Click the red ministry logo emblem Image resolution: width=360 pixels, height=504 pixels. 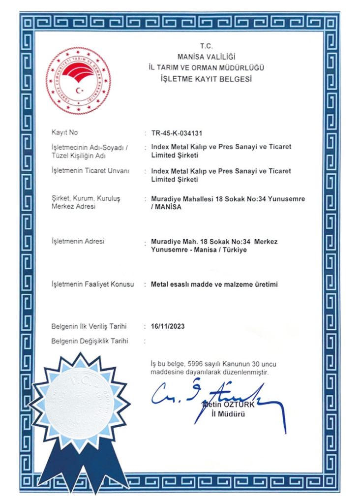(x=78, y=80)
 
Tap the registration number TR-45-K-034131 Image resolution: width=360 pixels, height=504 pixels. (x=177, y=133)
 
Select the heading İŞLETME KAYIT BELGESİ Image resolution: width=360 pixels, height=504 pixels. (x=206, y=79)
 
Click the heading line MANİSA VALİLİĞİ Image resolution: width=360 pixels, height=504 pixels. (x=206, y=57)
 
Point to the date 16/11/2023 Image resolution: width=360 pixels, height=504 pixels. (x=169, y=326)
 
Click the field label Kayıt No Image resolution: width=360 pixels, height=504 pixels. (x=64, y=132)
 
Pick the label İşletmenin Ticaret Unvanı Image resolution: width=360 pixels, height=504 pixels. (x=90, y=171)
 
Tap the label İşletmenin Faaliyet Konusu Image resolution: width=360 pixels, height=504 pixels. (x=92, y=284)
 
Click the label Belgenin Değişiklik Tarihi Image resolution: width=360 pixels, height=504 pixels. (x=90, y=341)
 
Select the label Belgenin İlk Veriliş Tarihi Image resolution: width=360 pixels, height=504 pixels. (x=89, y=326)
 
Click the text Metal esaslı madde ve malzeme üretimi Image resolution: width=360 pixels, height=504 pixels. (x=214, y=284)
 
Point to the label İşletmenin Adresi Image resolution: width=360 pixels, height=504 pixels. (x=78, y=242)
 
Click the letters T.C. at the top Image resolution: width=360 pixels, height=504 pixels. (x=206, y=46)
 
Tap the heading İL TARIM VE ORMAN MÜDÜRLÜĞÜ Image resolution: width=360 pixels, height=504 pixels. (x=206, y=67)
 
